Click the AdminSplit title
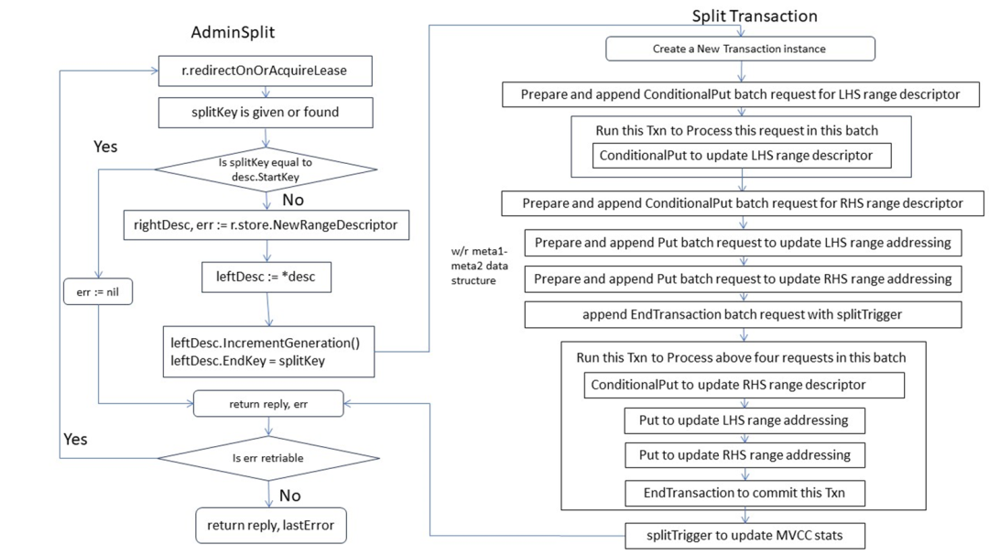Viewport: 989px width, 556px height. click(233, 32)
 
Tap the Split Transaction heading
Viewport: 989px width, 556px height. click(755, 16)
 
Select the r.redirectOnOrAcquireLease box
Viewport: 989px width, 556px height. click(265, 71)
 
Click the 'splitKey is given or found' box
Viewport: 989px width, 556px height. click(266, 113)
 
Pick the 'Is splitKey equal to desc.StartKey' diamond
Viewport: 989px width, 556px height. click(266, 169)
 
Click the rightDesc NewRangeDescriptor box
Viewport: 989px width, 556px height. click(266, 224)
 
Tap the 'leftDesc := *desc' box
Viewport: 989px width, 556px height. click(266, 277)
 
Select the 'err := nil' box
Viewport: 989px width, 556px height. click(98, 291)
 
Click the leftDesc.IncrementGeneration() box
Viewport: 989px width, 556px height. click(268, 352)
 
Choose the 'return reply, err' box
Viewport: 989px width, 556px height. click(268, 404)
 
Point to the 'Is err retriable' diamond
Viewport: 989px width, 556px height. click(268, 458)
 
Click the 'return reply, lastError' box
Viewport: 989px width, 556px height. click(270, 525)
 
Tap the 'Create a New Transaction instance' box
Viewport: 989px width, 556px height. click(741, 49)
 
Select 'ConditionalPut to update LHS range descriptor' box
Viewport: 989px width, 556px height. click(742, 155)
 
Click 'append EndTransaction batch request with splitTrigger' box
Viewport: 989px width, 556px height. click(743, 314)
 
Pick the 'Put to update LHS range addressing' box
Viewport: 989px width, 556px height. click(744, 420)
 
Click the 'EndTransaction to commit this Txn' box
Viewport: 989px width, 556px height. click(744, 493)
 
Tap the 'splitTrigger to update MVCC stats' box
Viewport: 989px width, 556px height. click(744, 535)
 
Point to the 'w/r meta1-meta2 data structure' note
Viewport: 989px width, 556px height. click(479, 266)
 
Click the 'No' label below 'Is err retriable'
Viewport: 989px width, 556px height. click(290, 496)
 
